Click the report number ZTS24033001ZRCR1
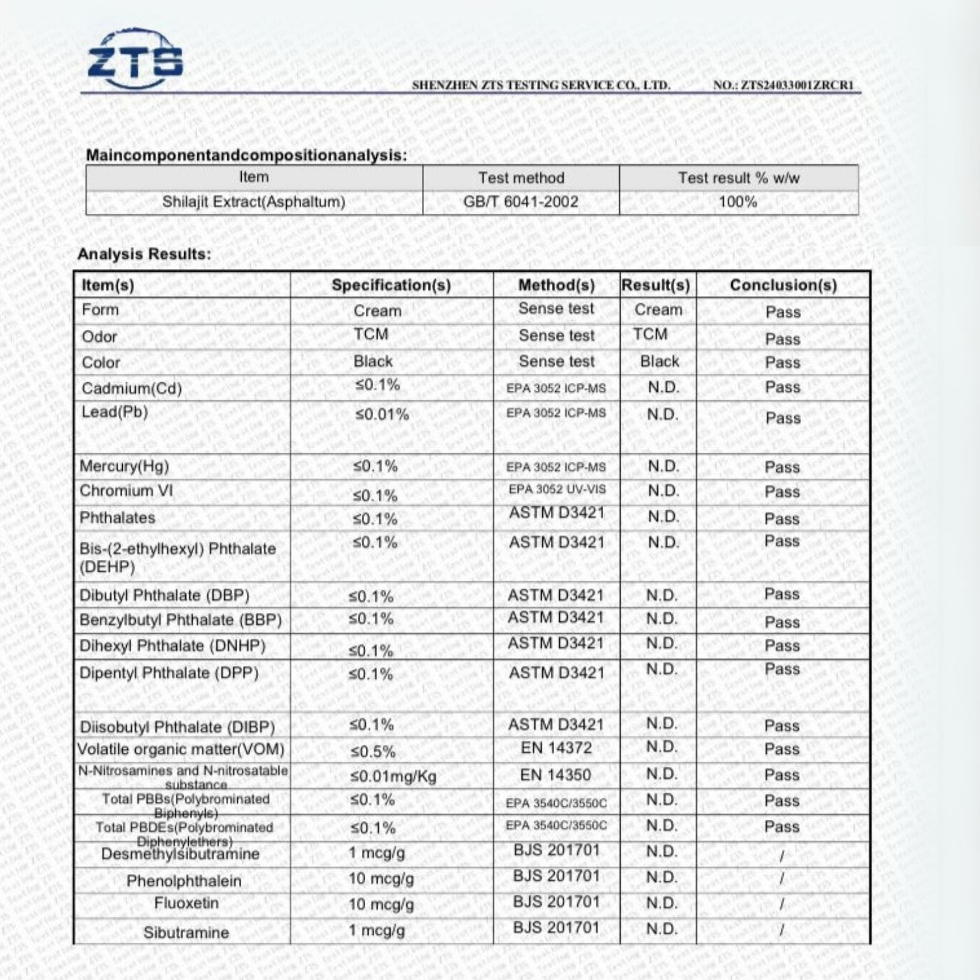point(783,85)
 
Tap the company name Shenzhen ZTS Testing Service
point(541,85)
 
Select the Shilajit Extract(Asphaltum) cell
point(253,201)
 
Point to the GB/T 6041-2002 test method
point(521,201)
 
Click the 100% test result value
point(738,201)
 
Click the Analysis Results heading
point(144,254)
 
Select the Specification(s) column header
point(391,285)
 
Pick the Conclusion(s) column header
point(783,285)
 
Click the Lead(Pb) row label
point(115,412)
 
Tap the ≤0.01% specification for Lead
point(382,414)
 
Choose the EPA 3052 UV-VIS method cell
point(557,489)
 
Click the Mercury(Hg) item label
point(124,466)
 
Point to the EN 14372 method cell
point(556,748)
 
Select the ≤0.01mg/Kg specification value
point(393,776)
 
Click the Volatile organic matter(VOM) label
point(181,749)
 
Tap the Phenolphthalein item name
point(184,881)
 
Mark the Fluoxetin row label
point(186,904)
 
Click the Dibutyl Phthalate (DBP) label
point(165,596)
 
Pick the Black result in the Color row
point(659,361)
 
